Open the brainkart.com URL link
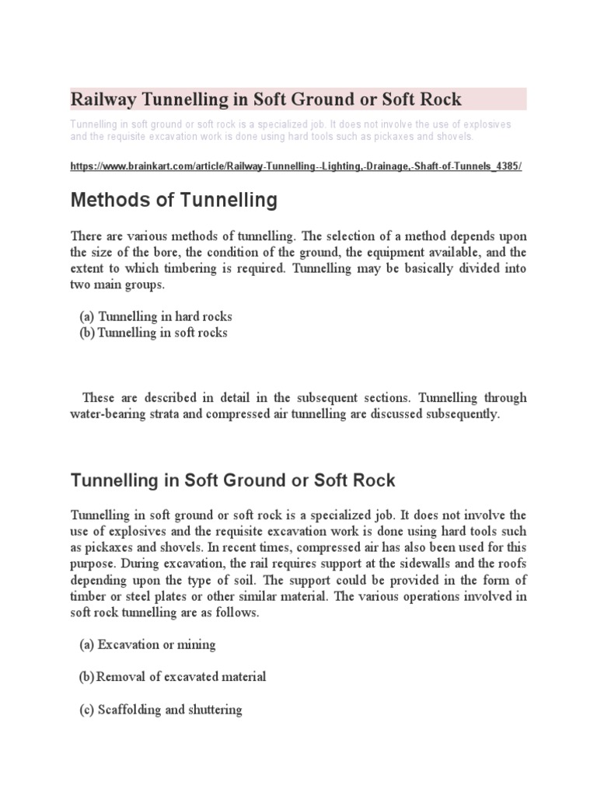click(x=295, y=167)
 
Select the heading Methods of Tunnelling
click(x=173, y=201)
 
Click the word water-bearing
click(x=108, y=414)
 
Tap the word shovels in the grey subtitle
click(x=450, y=137)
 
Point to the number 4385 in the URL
click(x=504, y=167)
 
